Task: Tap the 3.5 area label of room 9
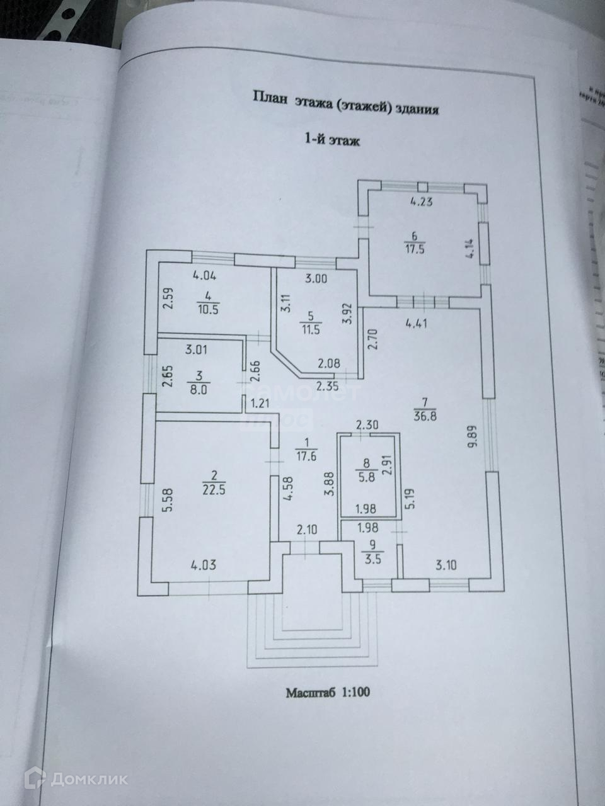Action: coord(372,556)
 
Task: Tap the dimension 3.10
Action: coord(445,564)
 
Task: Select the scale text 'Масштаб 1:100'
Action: coord(328,693)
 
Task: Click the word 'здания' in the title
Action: coord(416,109)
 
